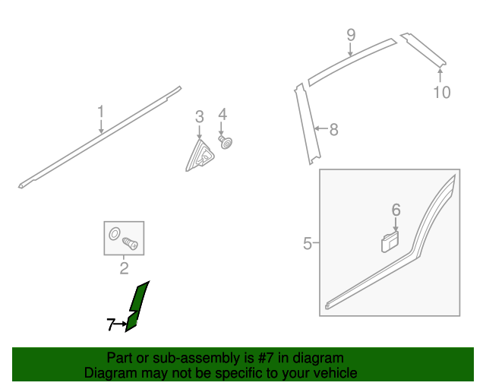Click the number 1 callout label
coord(101,112)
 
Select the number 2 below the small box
coord(124,268)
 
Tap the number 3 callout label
coord(200,117)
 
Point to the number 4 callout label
coord(222,114)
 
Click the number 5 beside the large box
coord(307,243)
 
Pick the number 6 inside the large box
coord(396,210)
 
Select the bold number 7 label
coord(111,324)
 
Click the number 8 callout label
coord(333,129)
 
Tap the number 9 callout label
coord(351,35)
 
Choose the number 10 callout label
coord(442,92)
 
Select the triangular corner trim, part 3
coord(200,155)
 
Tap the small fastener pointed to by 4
coord(226,142)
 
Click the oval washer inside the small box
coord(115,233)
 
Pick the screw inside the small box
coord(130,244)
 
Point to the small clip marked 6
coord(390,242)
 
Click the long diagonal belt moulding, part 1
coord(99,137)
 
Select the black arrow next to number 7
coord(121,324)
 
